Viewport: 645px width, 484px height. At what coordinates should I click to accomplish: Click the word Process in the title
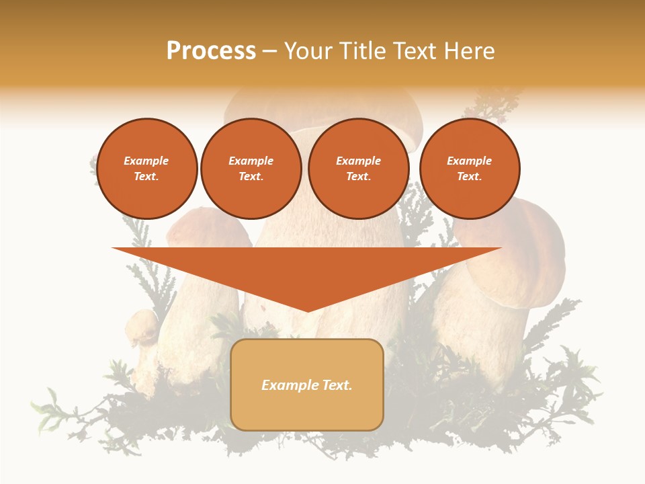[211, 51]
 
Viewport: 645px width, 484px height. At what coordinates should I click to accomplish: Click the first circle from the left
[146, 169]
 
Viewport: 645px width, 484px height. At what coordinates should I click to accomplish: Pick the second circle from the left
[251, 169]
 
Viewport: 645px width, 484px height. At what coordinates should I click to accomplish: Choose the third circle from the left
[359, 169]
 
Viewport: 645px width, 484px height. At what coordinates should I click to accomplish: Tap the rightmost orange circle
[470, 169]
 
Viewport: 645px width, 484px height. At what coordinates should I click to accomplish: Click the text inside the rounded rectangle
[307, 385]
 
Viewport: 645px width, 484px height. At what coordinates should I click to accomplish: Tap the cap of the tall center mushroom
[322, 108]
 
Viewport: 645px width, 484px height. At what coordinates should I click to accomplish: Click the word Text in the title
[417, 51]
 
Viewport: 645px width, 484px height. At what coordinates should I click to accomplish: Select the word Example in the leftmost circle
[146, 161]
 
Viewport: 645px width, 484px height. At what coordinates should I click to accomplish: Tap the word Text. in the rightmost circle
[470, 177]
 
